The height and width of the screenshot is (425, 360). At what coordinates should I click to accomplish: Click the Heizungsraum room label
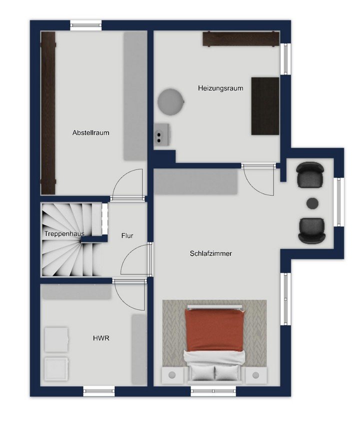220,88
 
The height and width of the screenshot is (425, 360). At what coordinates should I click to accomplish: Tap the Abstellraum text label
91,132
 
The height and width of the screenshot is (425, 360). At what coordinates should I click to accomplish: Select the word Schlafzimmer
210,253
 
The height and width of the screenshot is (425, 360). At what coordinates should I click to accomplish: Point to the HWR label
101,338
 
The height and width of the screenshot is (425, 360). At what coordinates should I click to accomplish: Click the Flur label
127,236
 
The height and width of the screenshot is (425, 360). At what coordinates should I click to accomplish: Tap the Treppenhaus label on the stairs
64,233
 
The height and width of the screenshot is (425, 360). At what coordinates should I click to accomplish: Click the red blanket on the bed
214,329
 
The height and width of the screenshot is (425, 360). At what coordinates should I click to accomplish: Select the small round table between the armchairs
312,203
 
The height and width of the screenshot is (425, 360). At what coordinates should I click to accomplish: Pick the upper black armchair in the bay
310,175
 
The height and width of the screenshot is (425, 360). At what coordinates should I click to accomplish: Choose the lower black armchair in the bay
311,230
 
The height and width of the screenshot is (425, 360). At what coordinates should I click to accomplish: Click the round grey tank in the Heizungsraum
171,101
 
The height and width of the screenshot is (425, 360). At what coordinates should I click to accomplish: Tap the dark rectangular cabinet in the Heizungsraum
265,106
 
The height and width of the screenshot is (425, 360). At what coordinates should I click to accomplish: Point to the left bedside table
172,375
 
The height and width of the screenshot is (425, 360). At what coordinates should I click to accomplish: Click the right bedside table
255,375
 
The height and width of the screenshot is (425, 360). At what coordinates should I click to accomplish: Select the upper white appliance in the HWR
56,339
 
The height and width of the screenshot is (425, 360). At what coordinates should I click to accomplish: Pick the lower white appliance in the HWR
56,368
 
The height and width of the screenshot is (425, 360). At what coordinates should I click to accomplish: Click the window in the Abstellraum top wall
86,25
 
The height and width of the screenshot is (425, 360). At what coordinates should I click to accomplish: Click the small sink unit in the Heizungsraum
162,134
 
